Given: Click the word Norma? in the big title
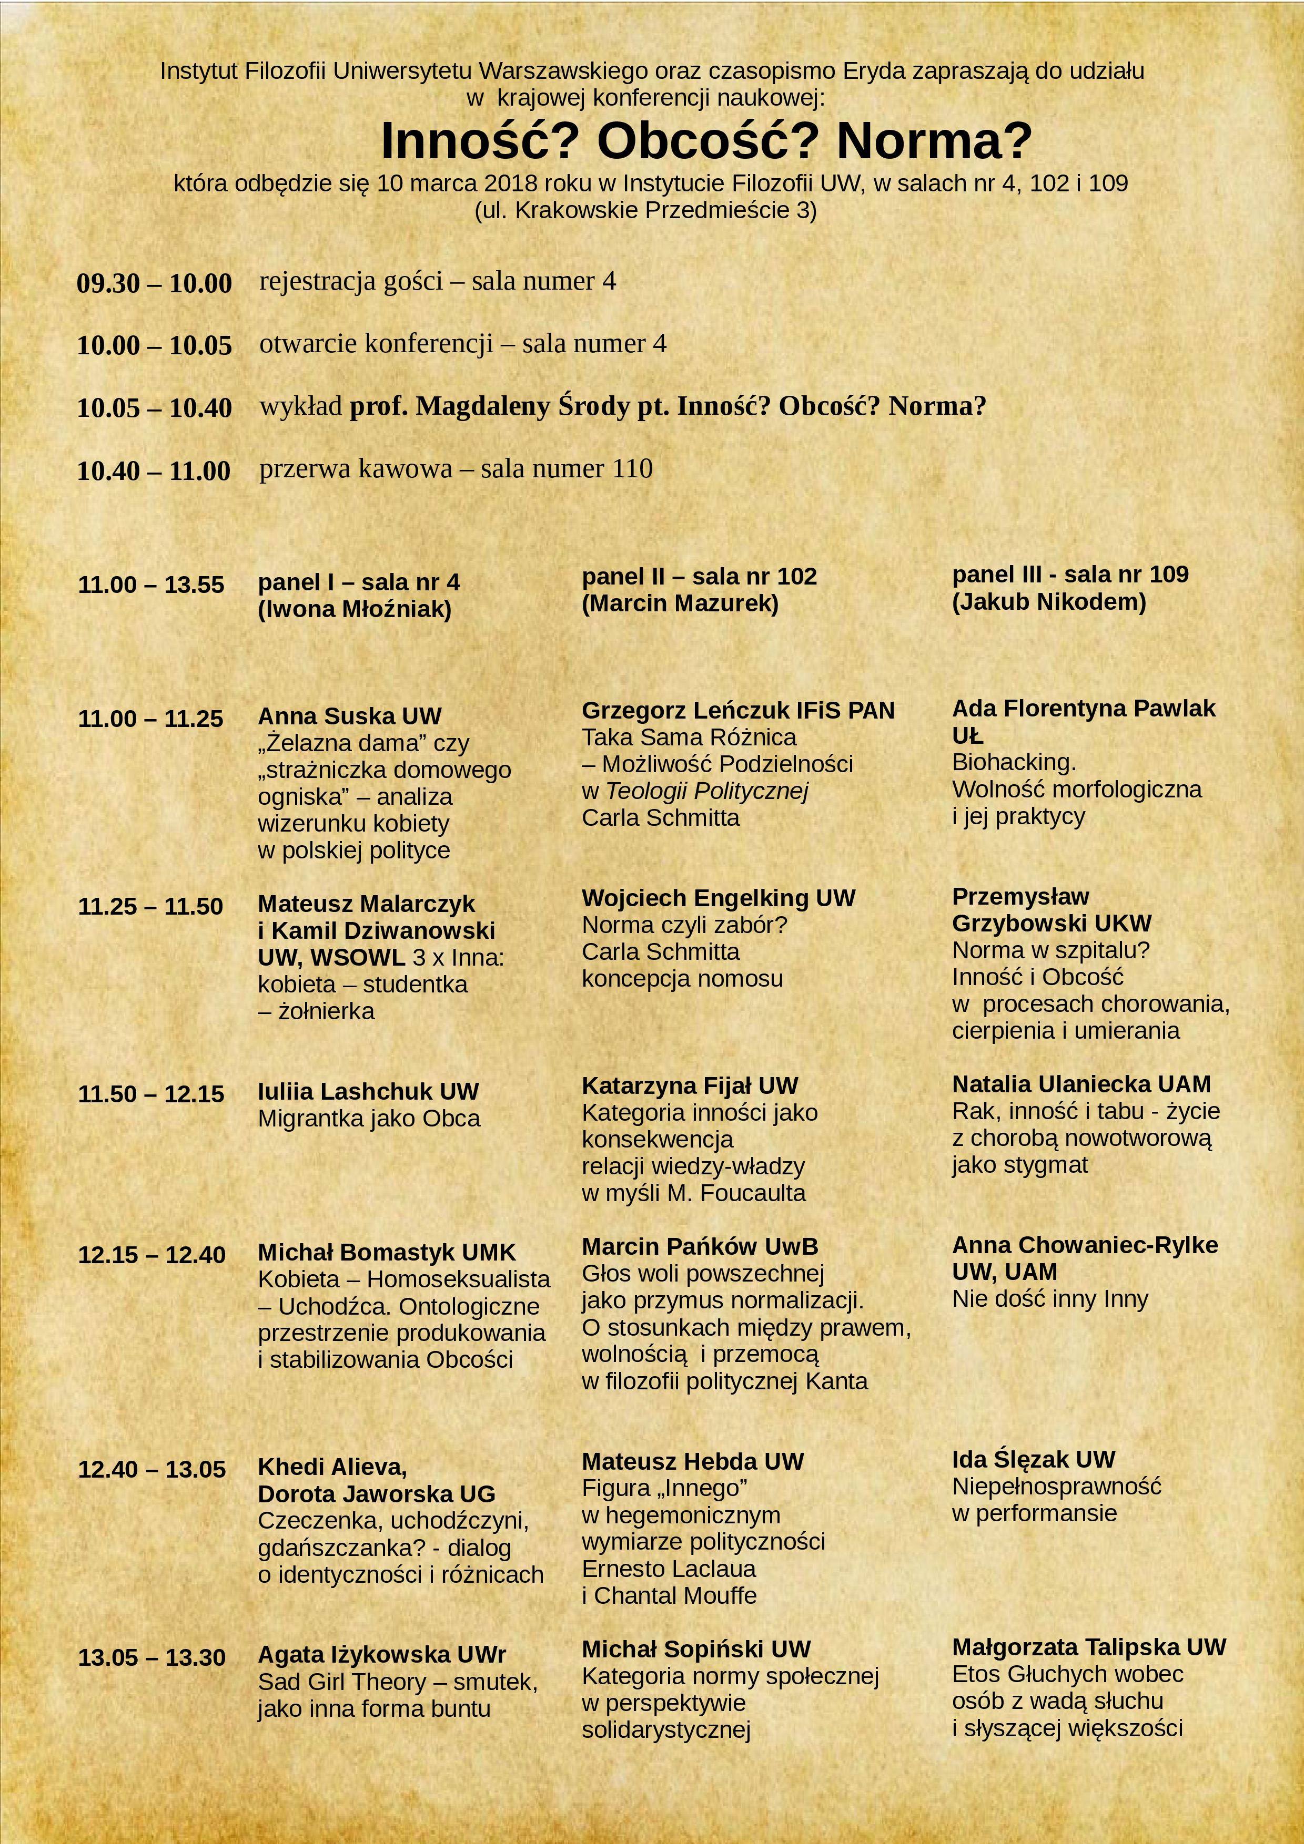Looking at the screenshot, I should coord(934,141).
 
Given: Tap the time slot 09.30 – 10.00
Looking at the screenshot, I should coord(154,283).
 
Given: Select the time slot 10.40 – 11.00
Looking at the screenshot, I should coord(154,470).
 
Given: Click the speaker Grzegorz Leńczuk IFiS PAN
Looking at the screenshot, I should coord(737,710).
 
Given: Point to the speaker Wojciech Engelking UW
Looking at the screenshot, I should coord(719,897).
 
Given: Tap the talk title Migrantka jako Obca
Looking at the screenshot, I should coord(369,1118).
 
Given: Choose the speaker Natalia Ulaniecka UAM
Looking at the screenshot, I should coord(1080,1084).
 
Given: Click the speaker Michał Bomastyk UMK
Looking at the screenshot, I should coord(387,1252).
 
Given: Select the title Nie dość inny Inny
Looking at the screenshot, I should coord(1050,1299).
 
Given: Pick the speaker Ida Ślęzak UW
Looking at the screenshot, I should coord(1033,1459).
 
